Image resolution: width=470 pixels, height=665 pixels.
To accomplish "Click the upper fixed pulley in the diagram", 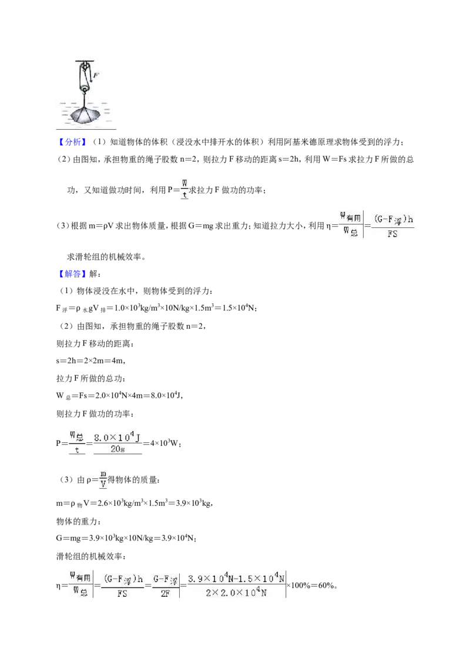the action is pos(85,67).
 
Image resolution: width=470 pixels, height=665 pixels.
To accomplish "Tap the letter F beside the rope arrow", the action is pos(96,76).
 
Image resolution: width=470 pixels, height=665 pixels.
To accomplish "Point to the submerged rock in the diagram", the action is pos(85,115).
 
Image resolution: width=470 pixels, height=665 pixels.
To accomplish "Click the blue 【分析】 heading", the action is pos(72,142).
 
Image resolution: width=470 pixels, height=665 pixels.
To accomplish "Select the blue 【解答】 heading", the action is pos(72,274).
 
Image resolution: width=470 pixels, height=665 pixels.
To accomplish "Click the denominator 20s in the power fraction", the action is pos(117,449).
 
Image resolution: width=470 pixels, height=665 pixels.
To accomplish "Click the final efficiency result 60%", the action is pos(327,585).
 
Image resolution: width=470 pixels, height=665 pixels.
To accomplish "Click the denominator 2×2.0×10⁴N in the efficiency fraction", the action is pos(236,593).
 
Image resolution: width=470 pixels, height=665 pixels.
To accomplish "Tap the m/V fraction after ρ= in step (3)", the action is pos(103,479).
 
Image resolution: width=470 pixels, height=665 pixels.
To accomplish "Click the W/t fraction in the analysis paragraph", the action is pos(184,189).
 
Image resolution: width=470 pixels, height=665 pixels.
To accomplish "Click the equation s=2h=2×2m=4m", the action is pos(90,361).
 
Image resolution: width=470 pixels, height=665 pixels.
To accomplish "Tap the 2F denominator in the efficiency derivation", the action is pos(165,593).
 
